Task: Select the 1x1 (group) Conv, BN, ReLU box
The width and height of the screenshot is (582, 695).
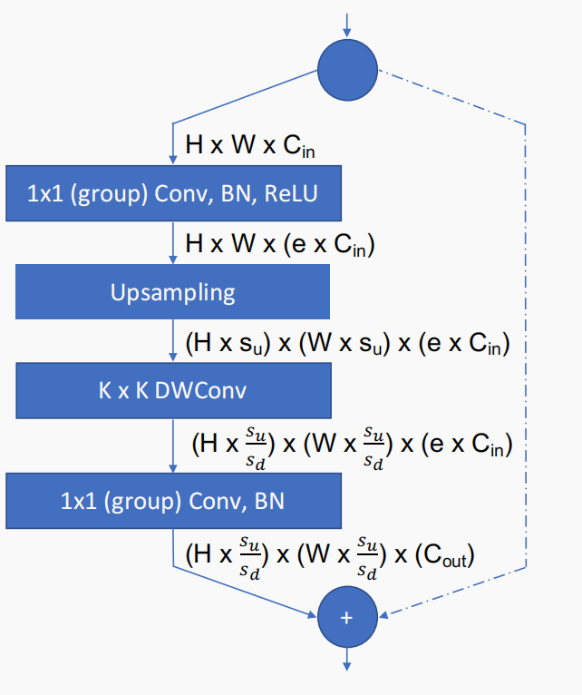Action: pos(173,193)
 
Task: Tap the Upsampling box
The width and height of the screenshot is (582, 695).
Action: pos(173,293)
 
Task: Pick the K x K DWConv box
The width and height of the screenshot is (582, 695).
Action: pos(173,393)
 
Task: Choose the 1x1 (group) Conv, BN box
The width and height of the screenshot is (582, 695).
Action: pos(173,499)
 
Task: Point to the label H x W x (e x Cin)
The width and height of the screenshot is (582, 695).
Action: pos(279,244)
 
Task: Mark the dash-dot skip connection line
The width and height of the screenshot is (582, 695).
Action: pos(526,345)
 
